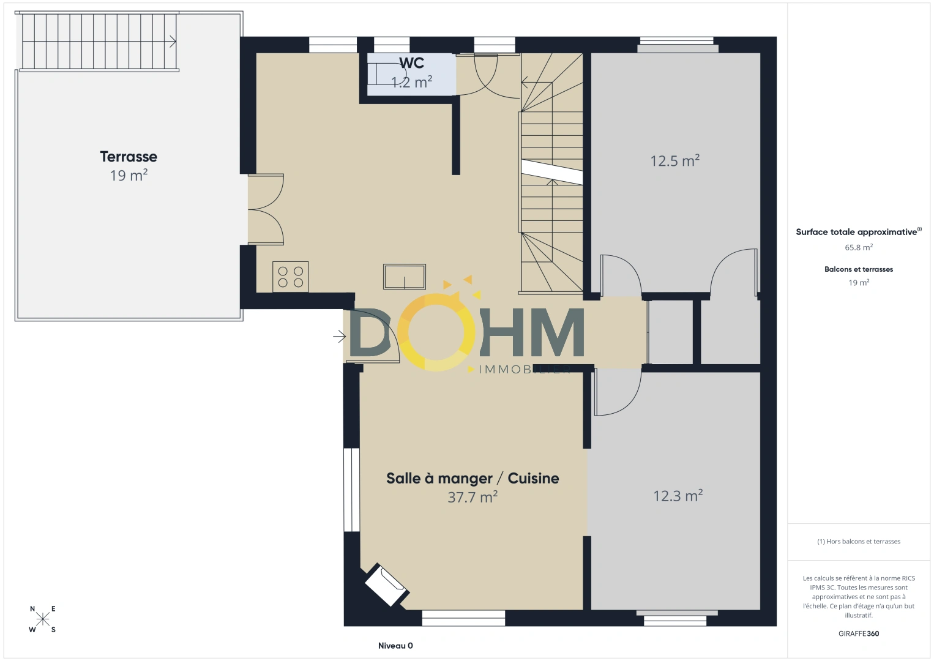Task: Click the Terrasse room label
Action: click(129, 157)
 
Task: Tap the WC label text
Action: click(411, 63)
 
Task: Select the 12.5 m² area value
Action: click(675, 160)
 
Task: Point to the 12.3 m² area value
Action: click(678, 496)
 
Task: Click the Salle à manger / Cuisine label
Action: click(473, 479)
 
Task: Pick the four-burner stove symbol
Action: click(291, 277)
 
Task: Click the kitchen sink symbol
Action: click(405, 277)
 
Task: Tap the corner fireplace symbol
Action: click(387, 584)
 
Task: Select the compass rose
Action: click(42, 619)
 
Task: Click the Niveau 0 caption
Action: click(395, 646)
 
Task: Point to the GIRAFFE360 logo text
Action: click(859, 633)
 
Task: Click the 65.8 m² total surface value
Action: click(859, 247)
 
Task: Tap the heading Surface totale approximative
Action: click(856, 232)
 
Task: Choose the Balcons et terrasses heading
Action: click(859, 269)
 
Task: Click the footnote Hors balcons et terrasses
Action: click(859, 541)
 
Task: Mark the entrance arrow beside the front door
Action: click(340, 336)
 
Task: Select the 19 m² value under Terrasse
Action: click(129, 176)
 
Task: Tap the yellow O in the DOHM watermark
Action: click(436, 332)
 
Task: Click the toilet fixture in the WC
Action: click(386, 74)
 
